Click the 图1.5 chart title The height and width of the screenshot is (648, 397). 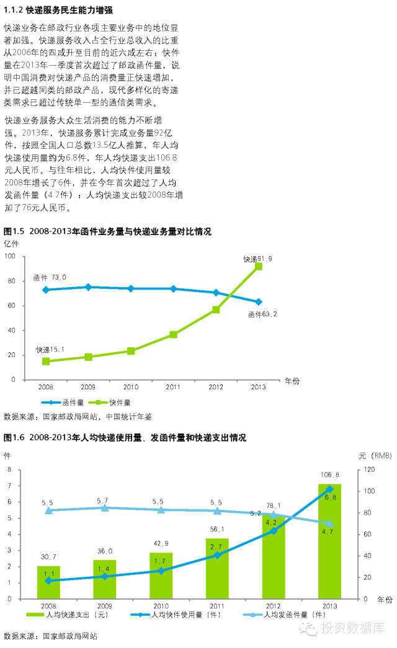pos(107,231)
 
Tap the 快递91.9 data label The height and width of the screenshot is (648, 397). pos(257,259)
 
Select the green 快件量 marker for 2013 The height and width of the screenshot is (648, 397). pos(259,267)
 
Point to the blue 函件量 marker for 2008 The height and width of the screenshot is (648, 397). pos(46,290)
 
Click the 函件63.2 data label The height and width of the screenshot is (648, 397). pos(262,314)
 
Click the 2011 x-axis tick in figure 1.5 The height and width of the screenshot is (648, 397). pos(173,387)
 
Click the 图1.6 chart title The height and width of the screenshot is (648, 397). pos(125,438)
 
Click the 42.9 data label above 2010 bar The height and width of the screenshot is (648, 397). pos(161,543)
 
